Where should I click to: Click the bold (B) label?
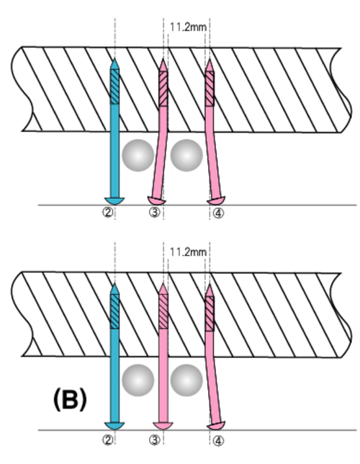point(70,399)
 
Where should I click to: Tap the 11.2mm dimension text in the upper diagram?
point(188,27)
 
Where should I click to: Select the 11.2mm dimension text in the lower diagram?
point(188,252)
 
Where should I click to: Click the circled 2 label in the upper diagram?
point(108,213)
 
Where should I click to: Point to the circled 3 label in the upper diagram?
point(154,213)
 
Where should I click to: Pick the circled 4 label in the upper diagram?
point(218,213)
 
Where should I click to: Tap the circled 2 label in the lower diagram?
point(108,440)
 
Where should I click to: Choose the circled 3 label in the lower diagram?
point(154,440)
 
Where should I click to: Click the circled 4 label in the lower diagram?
point(218,441)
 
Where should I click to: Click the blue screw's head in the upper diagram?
point(114,200)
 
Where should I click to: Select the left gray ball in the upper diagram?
point(138,155)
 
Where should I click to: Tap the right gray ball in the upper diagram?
point(186,155)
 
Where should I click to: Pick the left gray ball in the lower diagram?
point(138,380)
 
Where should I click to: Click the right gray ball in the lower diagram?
point(186,380)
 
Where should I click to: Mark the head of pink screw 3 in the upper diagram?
point(156,200)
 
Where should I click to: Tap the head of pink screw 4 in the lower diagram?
point(216,426)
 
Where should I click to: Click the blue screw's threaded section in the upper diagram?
point(114,86)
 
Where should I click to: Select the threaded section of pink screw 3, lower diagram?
point(163,311)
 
